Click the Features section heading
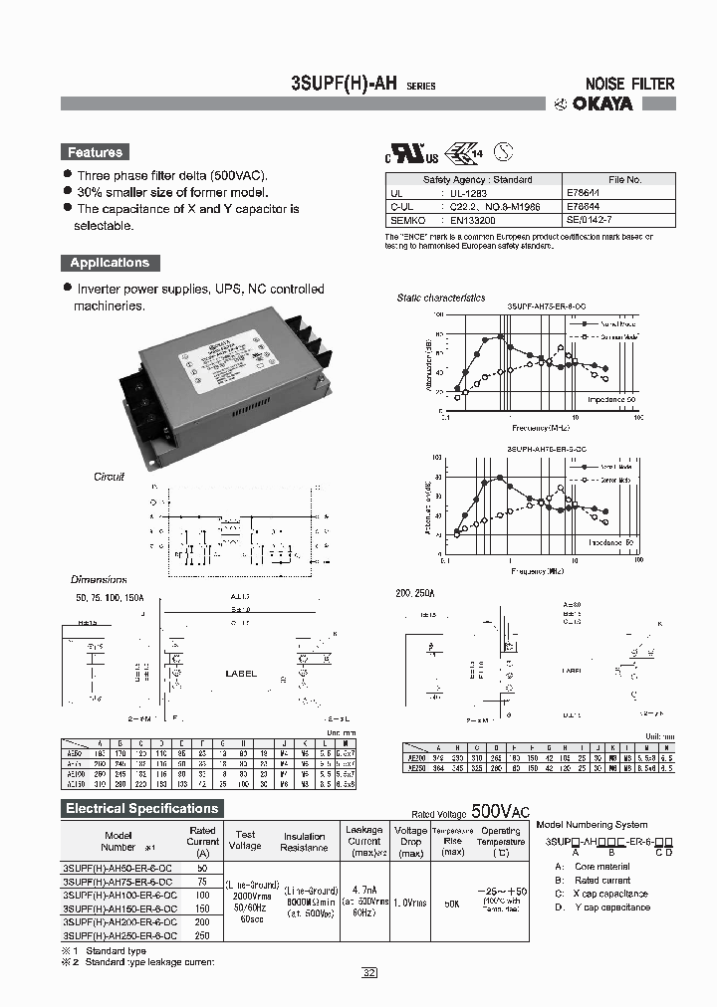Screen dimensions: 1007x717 [x=95, y=152]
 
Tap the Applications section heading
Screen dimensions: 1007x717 [x=109, y=263]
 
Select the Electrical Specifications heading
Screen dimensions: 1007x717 [x=141, y=809]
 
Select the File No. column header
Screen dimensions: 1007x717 [x=624, y=180]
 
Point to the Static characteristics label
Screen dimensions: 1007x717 [x=440, y=298]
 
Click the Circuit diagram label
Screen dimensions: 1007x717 [x=109, y=477]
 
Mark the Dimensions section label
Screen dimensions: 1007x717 [x=99, y=579]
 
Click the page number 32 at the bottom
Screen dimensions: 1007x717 [x=369, y=972]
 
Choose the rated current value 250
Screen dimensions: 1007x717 [x=202, y=936]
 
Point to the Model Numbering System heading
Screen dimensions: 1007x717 [x=592, y=825]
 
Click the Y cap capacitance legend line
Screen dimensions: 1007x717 [x=611, y=906]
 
